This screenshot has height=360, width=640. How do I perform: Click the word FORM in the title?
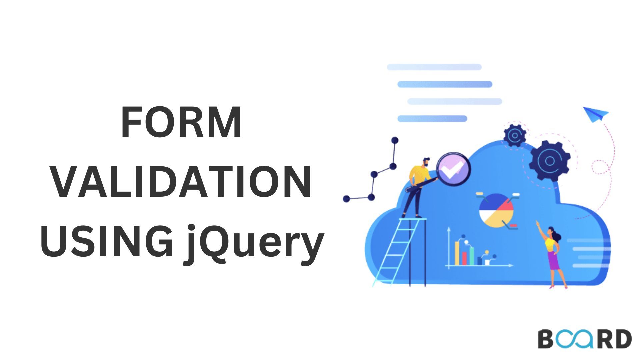(x=182, y=122)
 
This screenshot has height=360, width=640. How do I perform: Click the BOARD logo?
(x=585, y=339)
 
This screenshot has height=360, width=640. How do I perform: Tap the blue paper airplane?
(x=596, y=114)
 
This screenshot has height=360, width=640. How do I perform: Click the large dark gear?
(x=550, y=161)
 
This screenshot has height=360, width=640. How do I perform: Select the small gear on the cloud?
(x=515, y=135)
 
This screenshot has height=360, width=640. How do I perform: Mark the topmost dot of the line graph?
(x=395, y=140)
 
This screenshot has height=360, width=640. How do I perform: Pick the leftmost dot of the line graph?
(x=346, y=199)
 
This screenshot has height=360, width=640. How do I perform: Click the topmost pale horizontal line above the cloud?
(x=434, y=67)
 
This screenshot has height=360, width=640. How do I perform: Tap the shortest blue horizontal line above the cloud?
(x=432, y=119)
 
